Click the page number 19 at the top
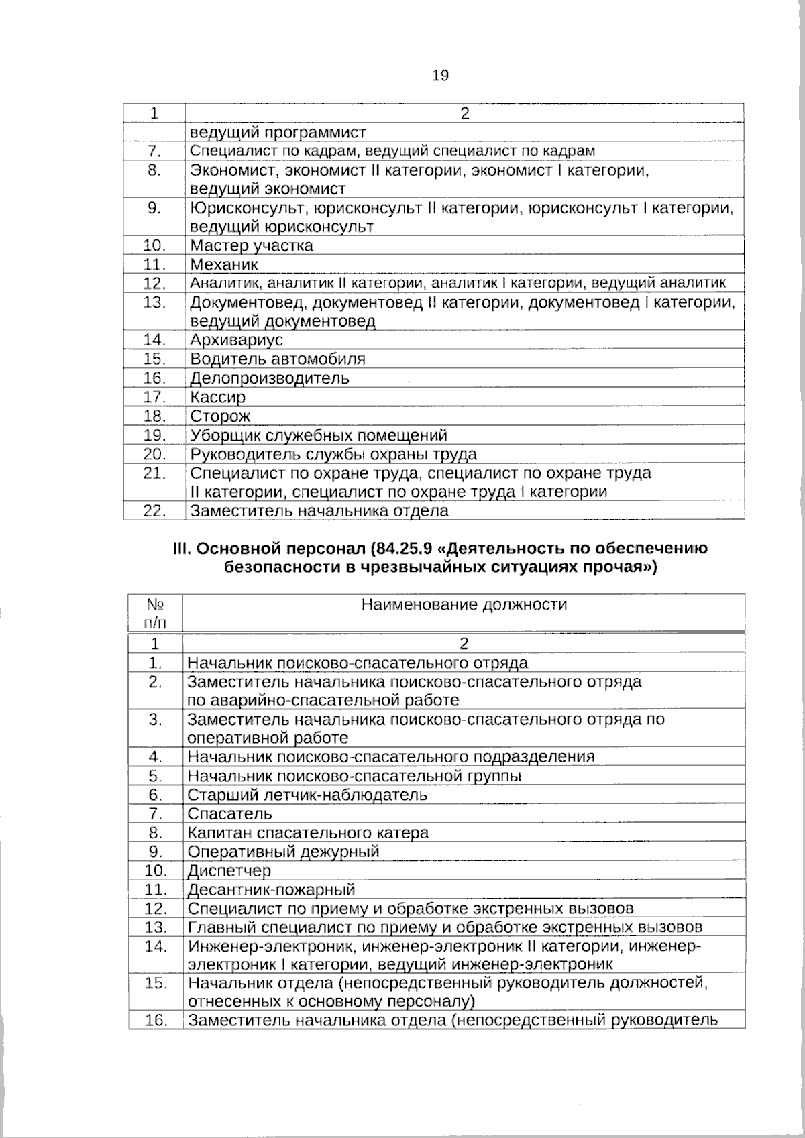(x=440, y=76)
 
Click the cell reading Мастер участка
(x=252, y=245)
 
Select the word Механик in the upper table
(x=224, y=264)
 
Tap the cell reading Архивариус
(x=237, y=340)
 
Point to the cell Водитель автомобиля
(x=278, y=359)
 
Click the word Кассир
(x=217, y=397)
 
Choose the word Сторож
(x=220, y=416)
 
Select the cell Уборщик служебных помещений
(x=319, y=435)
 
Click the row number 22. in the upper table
(x=155, y=510)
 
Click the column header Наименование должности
(x=464, y=605)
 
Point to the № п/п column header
(x=155, y=613)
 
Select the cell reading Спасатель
(x=230, y=814)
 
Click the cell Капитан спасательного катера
(x=308, y=833)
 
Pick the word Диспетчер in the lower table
(x=229, y=871)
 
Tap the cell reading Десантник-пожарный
(x=271, y=890)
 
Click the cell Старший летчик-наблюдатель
(x=307, y=795)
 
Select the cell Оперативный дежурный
(x=283, y=852)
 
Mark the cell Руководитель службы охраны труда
(x=333, y=454)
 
